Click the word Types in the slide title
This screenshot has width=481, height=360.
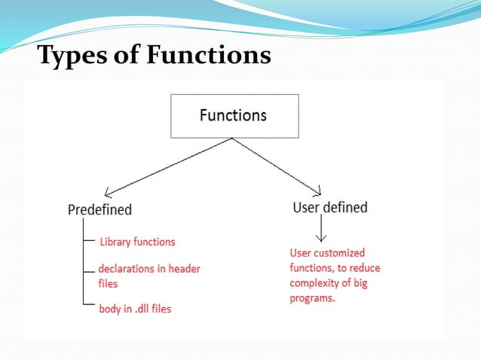coord(69,56)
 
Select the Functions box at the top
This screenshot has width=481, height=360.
coord(234,115)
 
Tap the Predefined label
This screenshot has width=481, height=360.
coord(100,209)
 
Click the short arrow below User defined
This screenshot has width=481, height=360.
coord(321,229)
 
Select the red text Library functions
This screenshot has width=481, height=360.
coord(137,242)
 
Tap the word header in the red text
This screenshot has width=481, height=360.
coord(185,269)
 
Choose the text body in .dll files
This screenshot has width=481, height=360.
coord(135,309)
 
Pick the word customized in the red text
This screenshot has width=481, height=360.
coord(340,253)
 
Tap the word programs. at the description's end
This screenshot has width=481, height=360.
coord(313,298)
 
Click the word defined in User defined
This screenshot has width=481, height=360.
coord(346,207)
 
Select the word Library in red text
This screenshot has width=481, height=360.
coord(115,242)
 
